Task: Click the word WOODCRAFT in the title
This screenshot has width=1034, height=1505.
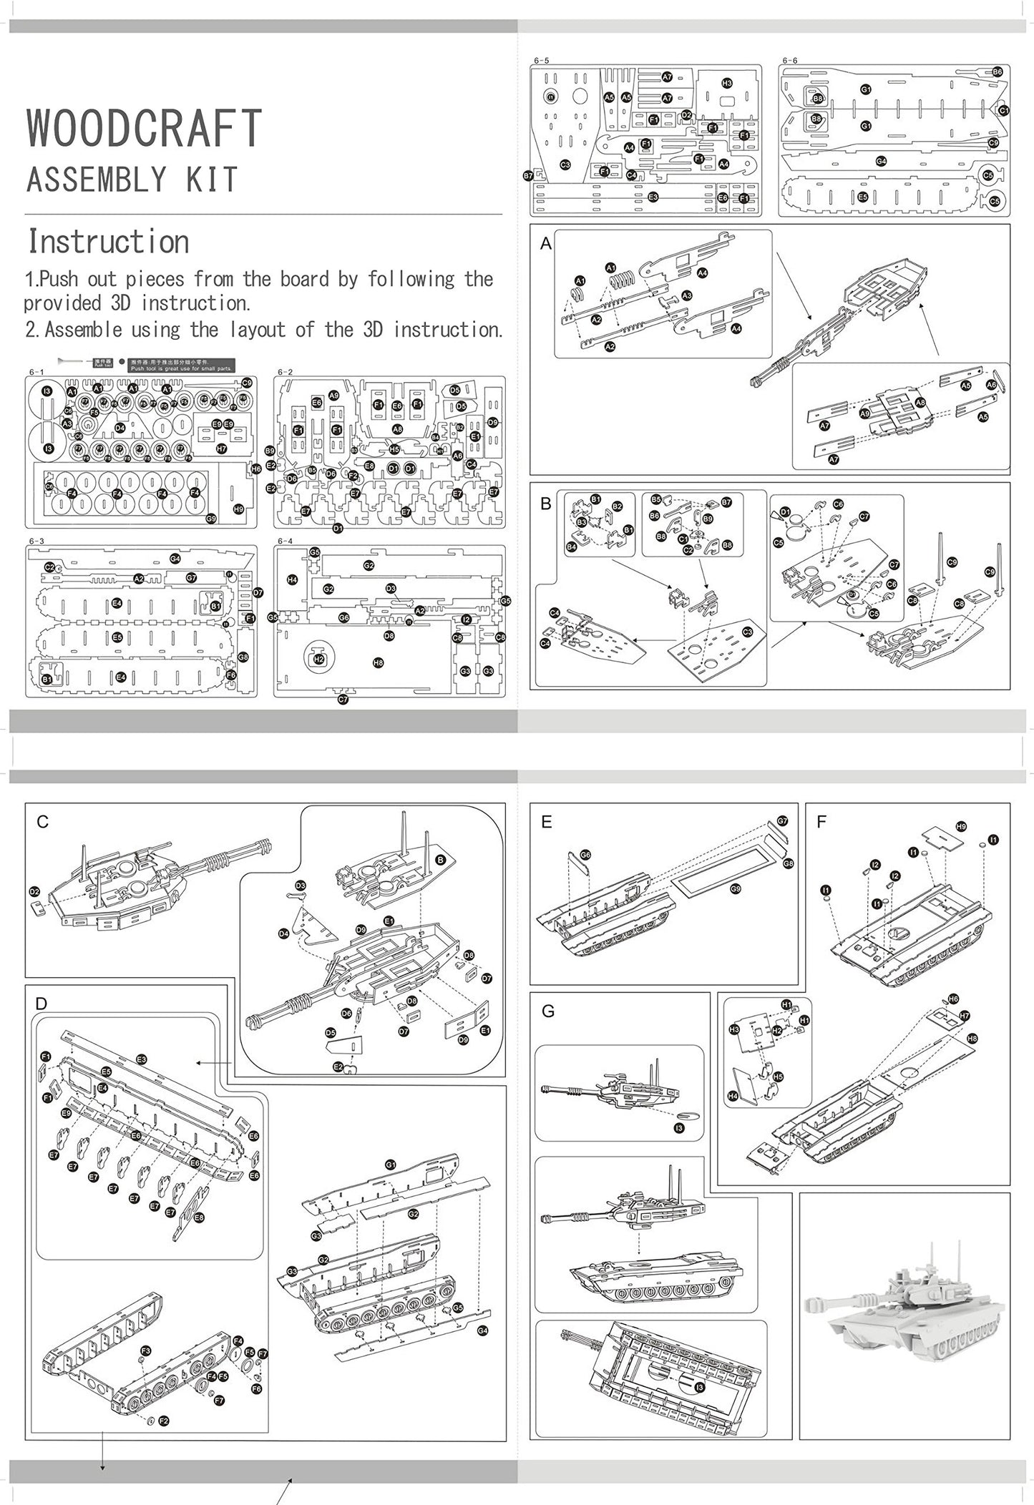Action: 144,129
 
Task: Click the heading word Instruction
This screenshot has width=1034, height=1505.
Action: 108,242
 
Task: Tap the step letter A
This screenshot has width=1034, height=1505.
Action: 546,244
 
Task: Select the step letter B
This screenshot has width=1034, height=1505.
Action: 546,503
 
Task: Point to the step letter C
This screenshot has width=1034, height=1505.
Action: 42,822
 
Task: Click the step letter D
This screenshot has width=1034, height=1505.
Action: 41,1003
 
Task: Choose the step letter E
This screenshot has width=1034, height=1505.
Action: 547,822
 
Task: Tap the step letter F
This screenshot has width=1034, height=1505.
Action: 821,822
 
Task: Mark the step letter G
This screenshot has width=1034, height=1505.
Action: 548,1011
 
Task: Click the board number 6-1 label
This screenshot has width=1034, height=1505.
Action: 36,372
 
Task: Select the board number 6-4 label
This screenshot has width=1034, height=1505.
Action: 285,541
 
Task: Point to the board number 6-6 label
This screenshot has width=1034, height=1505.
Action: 789,61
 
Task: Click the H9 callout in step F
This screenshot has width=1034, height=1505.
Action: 960,827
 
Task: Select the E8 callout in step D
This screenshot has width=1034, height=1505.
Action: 198,1216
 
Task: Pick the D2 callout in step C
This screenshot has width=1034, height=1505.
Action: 34,891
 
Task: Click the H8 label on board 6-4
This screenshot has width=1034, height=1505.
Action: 378,662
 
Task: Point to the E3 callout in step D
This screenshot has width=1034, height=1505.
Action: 141,1059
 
